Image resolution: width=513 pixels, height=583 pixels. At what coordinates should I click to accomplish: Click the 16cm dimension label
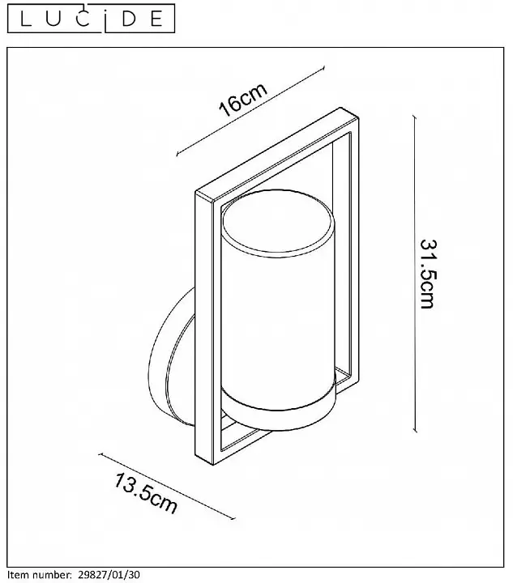[242, 99]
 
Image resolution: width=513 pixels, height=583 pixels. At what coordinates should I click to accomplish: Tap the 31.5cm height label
[427, 274]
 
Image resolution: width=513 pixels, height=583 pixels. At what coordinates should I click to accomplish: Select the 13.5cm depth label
[145, 493]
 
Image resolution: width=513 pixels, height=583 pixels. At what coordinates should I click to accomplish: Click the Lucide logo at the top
[91, 18]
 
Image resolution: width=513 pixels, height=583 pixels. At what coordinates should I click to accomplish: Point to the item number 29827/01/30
[109, 575]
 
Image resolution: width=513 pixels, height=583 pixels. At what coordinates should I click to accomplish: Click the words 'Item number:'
[40, 575]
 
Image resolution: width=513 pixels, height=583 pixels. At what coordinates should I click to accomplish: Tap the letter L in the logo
[27, 19]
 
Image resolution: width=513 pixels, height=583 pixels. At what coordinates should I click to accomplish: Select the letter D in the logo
[129, 19]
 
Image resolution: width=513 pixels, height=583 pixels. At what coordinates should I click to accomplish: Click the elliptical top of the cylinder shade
[277, 222]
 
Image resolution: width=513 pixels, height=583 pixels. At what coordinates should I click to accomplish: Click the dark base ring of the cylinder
[278, 413]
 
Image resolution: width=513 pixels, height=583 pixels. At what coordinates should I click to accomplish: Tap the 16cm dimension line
[250, 111]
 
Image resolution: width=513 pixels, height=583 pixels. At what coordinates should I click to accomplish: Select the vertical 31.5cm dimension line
[415, 274]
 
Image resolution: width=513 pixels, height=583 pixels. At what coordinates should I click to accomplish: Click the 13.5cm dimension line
[167, 487]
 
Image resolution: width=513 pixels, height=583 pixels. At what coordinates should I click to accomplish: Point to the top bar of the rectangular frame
[277, 155]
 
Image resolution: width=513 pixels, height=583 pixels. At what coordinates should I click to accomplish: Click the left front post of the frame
[204, 328]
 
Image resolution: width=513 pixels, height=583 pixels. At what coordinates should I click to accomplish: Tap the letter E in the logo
[156, 19]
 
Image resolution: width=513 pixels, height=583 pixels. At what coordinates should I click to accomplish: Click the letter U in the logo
[54, 19]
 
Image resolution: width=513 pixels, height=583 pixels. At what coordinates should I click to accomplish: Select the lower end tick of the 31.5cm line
[415, 432]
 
